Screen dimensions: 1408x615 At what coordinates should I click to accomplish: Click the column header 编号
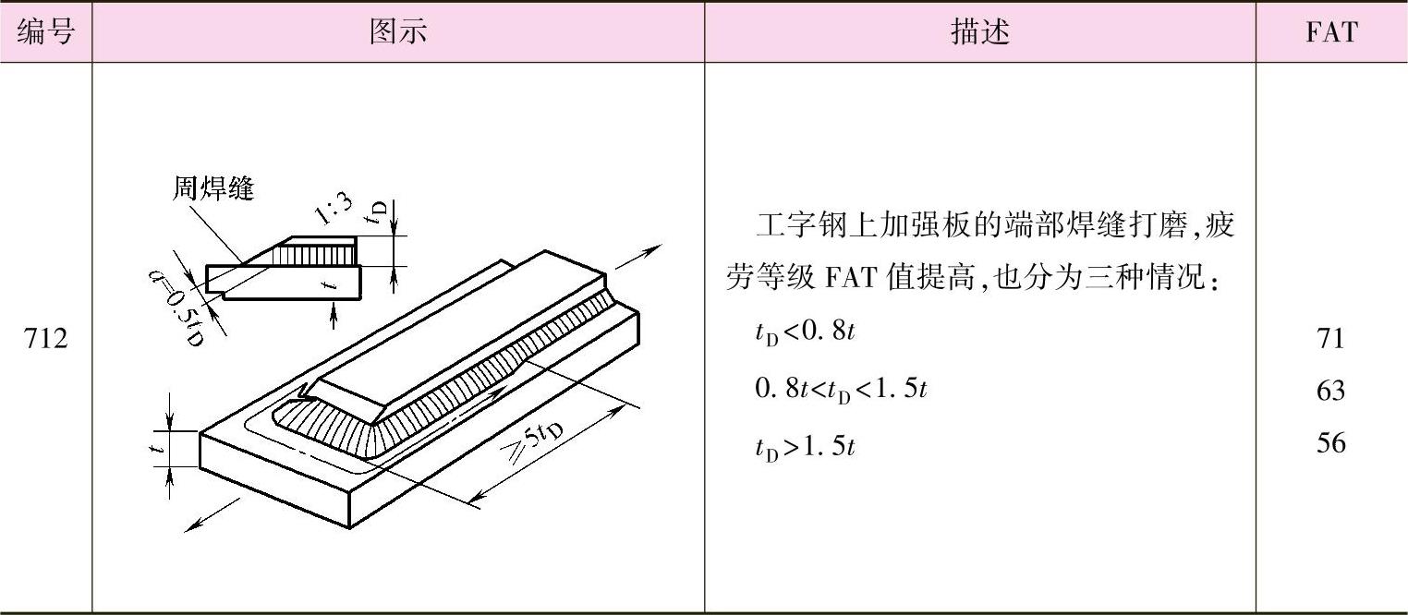click(x=45, y=32)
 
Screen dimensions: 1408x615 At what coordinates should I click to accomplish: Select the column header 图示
click(x=398, y=32)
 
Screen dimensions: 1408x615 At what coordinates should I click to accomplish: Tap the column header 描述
click(x=979, y=32)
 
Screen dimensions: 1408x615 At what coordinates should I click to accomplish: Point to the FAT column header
click(x=1331, y=32)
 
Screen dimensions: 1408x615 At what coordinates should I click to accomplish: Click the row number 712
click(x=45, y=339)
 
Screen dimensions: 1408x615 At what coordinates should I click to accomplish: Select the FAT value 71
click(x=1331, y=338)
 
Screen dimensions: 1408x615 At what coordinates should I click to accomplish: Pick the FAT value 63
click(x=1331, y=391)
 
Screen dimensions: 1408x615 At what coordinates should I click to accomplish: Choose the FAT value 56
click(x=1331, y=443)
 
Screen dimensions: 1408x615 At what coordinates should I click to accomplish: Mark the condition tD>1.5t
click(x=805, y=447)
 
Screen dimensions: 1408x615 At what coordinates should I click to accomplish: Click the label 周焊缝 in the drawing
click(x=213, y=189)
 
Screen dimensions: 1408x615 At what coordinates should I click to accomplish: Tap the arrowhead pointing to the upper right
click(x=655, y=248)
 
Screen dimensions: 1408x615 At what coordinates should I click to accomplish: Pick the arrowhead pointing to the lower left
click(x=190, y=526)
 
